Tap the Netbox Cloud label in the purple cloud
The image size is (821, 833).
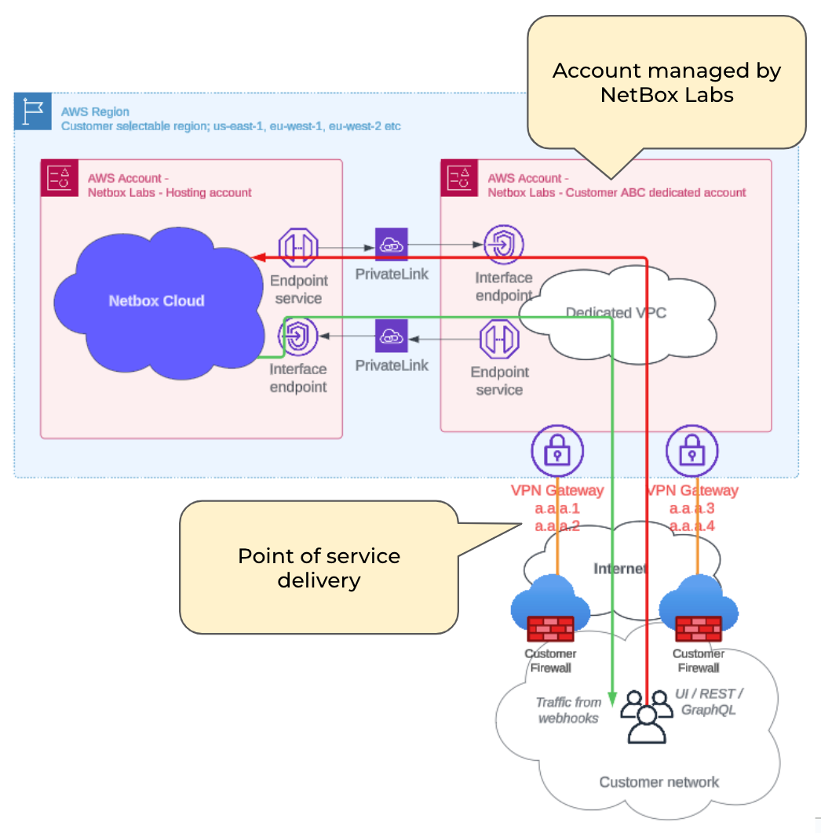coord(156,300)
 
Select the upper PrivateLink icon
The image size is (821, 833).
coord(391,246)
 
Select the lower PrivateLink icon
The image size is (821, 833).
coord(391,336)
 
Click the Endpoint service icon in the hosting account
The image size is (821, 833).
coord(297,247)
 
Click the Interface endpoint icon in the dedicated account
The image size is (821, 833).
coord(503,246)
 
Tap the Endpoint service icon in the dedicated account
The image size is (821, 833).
coord(499,338)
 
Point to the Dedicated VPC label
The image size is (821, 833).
coord(615,312)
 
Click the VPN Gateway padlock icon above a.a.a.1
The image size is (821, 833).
coord(556,453)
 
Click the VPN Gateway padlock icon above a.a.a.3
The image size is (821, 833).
coord(691,453)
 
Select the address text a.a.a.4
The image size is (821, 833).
coord(691,526)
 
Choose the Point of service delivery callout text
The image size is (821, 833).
coord(319,568)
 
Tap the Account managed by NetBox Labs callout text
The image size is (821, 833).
coord(666,82)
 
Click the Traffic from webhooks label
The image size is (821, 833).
coord(569,710)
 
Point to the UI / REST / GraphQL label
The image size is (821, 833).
coord(708,701)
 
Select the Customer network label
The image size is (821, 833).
coord(659,781)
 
